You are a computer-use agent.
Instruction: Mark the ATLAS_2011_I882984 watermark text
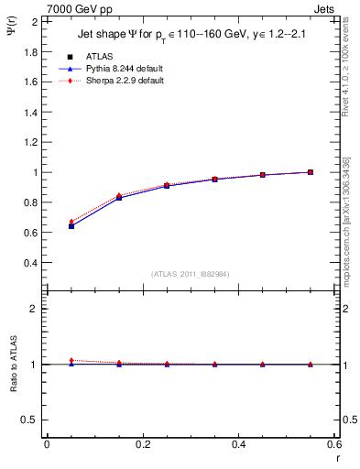point(190,274)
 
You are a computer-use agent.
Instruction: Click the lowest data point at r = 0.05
point(71,225)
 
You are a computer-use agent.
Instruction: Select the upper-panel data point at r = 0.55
point(311,172)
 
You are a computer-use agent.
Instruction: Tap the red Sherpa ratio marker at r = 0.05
point(71,360)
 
